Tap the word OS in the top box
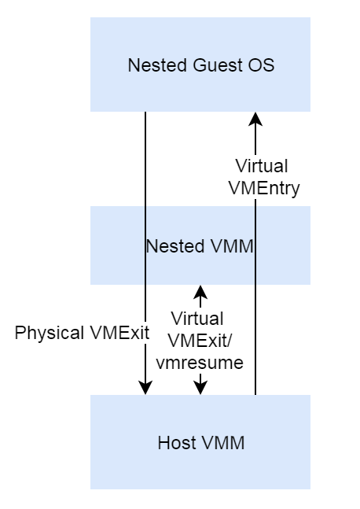tap(263, 65)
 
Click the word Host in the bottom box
tap(176, 443)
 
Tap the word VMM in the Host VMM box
tap(224, 443)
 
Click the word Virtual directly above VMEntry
tap(262, 167)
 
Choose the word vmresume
tap(200, 363)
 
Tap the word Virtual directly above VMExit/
tap(197, 319)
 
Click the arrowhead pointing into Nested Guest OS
tap(255, 119)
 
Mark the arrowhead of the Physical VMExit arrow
tap(145, 387)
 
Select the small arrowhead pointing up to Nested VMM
tap(200, 292)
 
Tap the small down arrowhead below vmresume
tap(200, 387)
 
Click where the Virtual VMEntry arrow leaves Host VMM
tap(255, 393)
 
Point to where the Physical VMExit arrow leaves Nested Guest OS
tap(145, 112)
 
